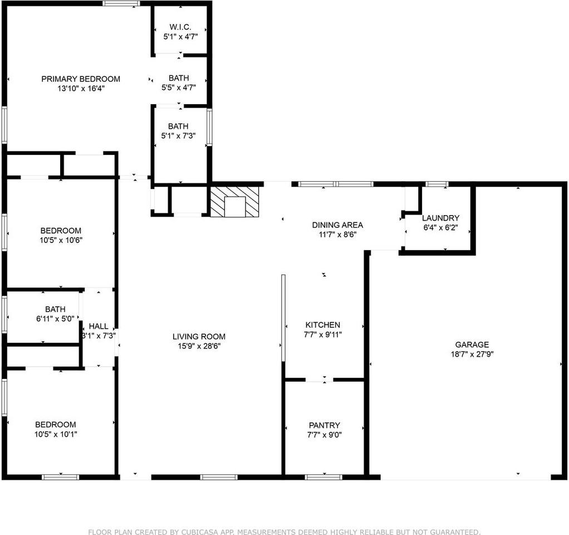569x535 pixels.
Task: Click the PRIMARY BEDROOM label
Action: (x=81, y=79)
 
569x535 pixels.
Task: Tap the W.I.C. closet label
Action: (x=180, y=27)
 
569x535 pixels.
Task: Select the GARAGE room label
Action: (x=472, y=345)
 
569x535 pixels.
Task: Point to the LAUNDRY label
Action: (x=440, y=218)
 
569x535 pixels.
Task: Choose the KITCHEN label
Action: (x=323, y=325)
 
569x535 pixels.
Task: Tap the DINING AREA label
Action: (x=337, y=225)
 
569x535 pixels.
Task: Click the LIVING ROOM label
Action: (x=199, y=337)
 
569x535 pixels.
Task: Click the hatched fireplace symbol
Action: (x=234, y=202)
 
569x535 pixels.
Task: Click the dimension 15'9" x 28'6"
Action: (x=199, y=346)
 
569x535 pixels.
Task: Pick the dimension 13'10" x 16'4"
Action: (x=81, y=89)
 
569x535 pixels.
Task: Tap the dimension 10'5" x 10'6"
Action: (x=61, y=240)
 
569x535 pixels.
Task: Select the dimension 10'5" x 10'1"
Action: (x=56, y=434)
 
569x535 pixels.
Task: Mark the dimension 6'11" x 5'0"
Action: (x=55, y=319)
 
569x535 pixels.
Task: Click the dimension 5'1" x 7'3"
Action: (x=178, y=136)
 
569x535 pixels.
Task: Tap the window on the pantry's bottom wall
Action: (x=323, y=477)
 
